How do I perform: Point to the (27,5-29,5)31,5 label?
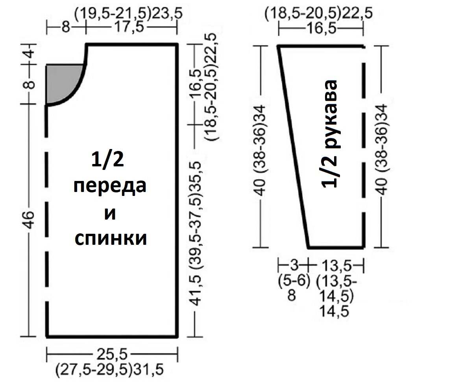(110, 370)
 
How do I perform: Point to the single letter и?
(111, 213)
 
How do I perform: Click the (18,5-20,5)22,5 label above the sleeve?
(319, 14)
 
